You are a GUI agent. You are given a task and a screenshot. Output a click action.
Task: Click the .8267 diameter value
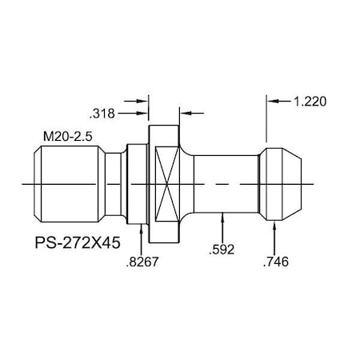pos(142,262)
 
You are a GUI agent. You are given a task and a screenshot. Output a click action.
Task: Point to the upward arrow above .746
pos(276,229)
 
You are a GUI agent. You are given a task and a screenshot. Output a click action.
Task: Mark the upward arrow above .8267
pos(142,231)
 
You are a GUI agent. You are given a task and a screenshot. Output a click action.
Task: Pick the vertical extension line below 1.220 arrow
pos(266,124)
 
